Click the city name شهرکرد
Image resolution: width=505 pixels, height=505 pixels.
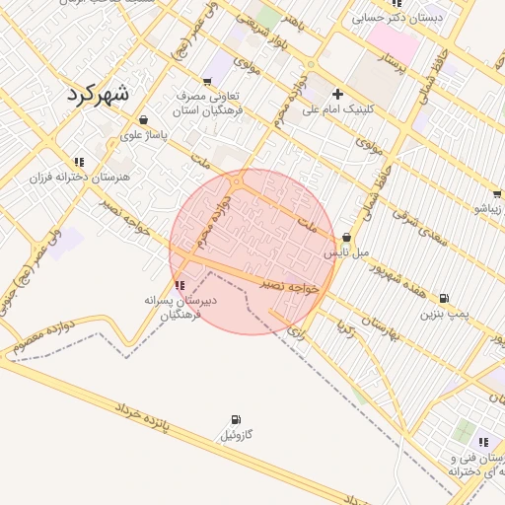coord(99,94)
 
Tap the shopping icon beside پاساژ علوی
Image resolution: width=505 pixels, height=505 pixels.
coord(144,119)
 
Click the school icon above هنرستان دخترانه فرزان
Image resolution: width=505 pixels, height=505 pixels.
coord(79,162)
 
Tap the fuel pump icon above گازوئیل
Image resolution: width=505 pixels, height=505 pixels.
coord(236,420)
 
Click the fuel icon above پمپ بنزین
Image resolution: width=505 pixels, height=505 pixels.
coord(444,298)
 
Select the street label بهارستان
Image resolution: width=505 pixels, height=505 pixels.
coord(379,328)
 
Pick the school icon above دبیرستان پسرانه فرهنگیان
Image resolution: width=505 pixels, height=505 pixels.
coord(178,284)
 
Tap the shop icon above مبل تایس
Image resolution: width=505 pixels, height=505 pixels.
coord(347,237)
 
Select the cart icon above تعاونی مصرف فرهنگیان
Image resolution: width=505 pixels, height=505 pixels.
coord(206,82)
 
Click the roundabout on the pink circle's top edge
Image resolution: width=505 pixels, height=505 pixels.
coord(237,181)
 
